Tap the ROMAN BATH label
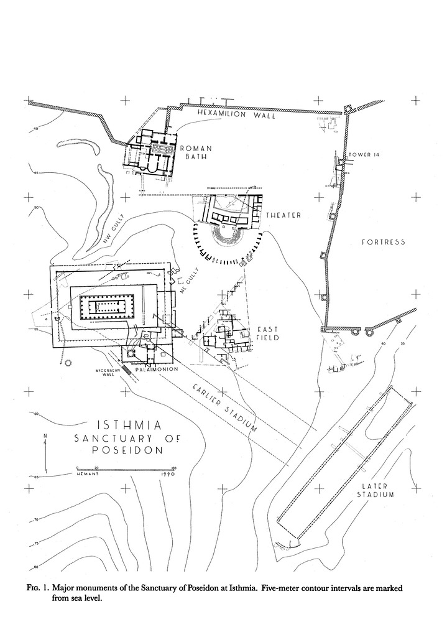coord(196,152)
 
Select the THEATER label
coord(283,215)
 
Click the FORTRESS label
coord(384,242)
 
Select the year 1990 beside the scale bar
coord(165,474)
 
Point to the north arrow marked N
coord(45,453)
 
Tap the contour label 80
coord(36,566)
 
